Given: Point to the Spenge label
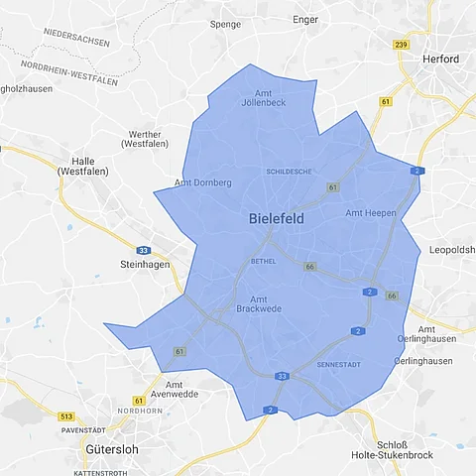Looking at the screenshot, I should [226, 23].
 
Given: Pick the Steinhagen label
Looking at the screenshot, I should [145, 265].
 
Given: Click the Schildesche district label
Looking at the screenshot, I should [290, 172].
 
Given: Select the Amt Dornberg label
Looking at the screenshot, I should [202, 182].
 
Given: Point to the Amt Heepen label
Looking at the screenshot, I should [371, 213].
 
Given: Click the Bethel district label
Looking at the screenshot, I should [263, 261].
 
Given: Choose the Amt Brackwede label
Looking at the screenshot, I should [259, 304].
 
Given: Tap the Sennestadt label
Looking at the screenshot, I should [339, 365].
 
